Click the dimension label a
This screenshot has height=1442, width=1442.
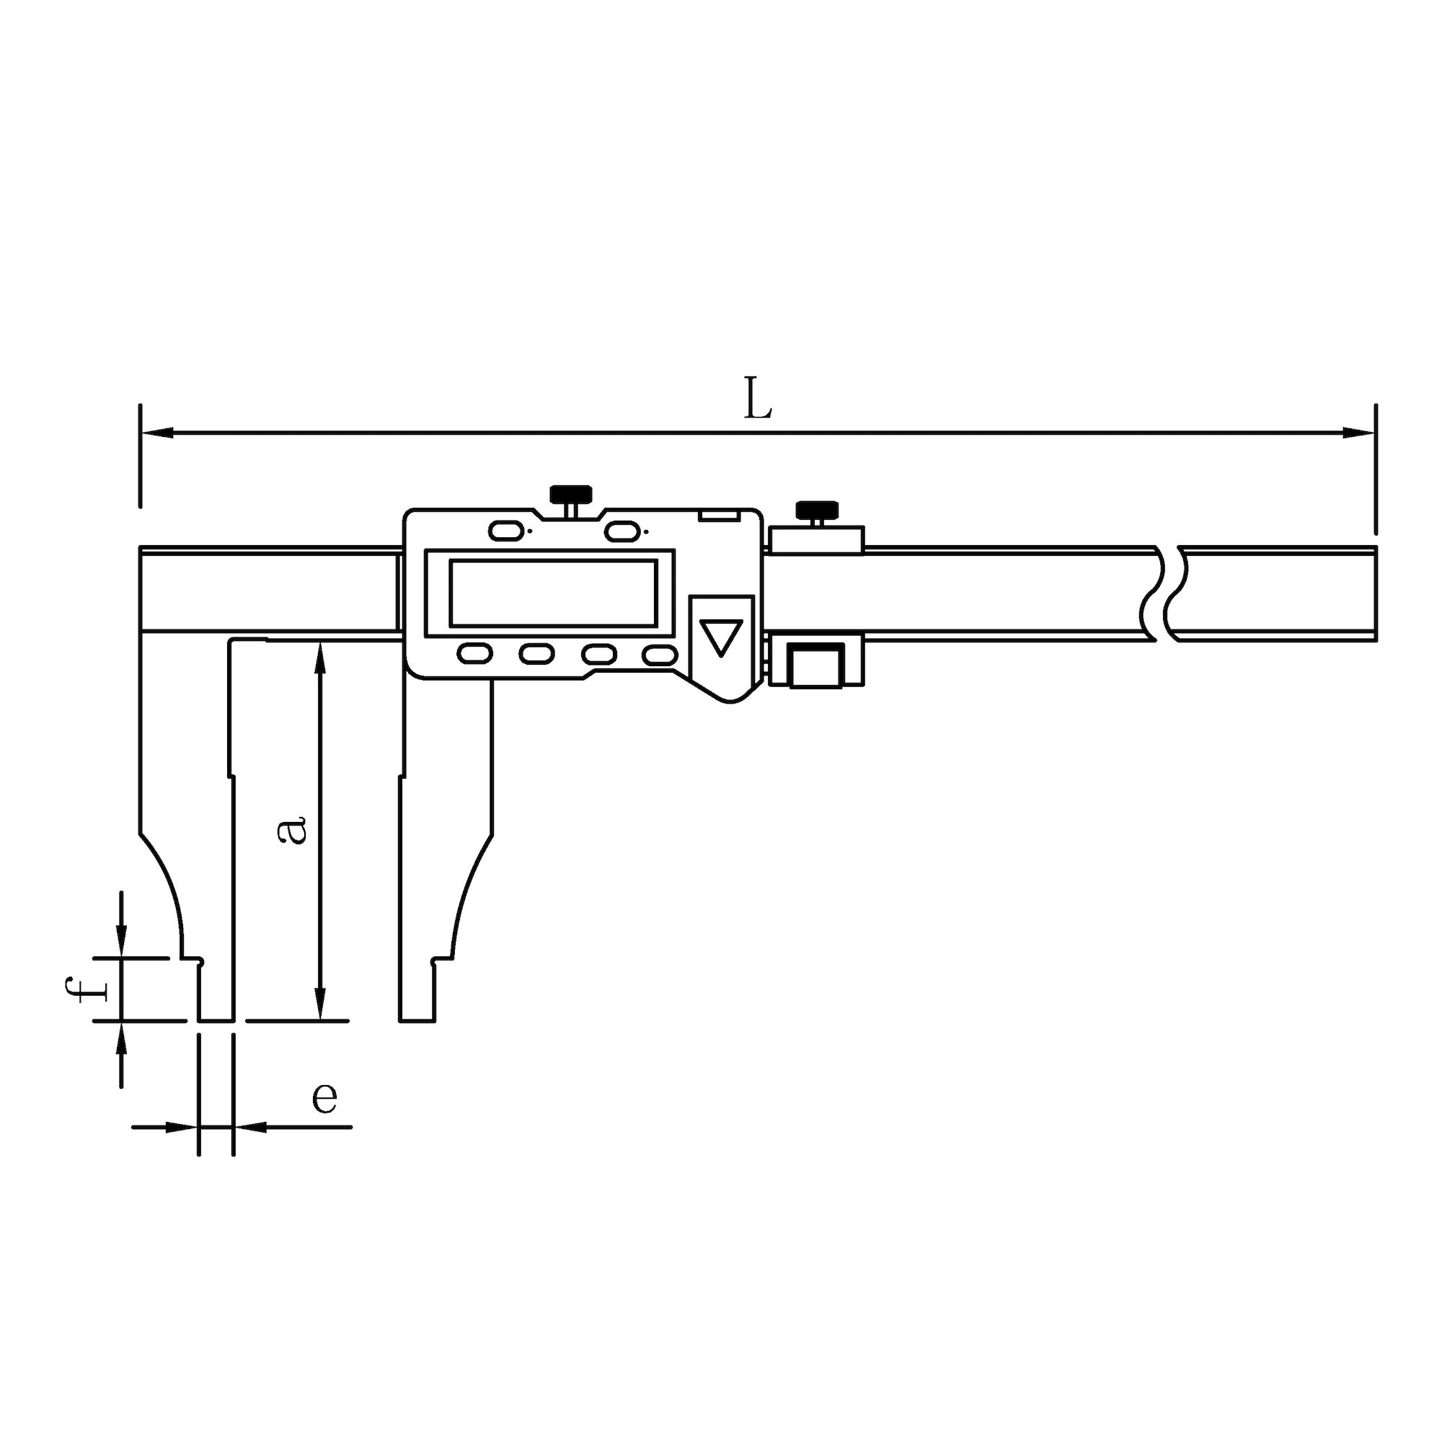click(x=291, y=829)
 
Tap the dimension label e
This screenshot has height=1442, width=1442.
click(x=324, y=1097)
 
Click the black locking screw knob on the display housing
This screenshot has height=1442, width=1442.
click(x=571, y=494)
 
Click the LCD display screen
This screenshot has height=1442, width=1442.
click(x=553, y=593)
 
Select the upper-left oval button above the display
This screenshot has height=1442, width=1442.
click(x=505, y=531)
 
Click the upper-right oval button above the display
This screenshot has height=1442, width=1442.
click(x=622, y=531)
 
